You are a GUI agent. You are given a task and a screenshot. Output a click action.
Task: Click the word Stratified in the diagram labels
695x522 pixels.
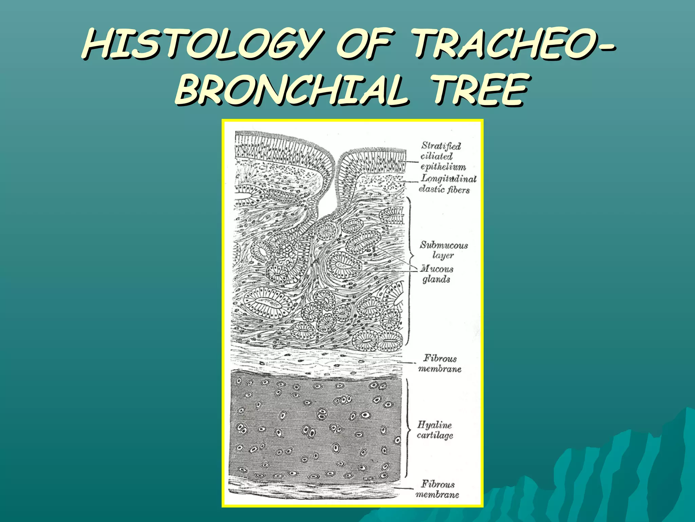click(441, 146)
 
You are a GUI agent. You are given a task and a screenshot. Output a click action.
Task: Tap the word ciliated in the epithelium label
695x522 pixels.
click(436, 156)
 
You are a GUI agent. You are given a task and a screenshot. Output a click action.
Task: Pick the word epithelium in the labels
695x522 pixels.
click(443, 167)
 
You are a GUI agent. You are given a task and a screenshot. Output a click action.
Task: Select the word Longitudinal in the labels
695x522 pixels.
click(449, 178)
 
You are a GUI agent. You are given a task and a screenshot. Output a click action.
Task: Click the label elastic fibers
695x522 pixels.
click(444, 189)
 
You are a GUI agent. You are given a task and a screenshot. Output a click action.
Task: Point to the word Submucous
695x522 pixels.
click(444, 245)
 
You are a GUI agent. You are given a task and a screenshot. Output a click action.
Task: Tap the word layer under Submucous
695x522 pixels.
click(443, 255)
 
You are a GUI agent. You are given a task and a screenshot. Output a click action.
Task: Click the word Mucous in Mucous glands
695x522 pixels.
click(437, 269)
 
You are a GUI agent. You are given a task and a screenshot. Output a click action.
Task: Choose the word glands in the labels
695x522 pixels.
click(436, 279)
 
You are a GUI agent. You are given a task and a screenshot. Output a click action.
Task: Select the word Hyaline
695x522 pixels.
click(434, 425)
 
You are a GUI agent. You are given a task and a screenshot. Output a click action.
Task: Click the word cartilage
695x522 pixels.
click(435, 435)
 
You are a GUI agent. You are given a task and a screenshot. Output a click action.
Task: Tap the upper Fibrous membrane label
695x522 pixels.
click(440, 363)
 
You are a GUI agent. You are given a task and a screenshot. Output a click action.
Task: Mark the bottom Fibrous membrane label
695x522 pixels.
click(437, 489)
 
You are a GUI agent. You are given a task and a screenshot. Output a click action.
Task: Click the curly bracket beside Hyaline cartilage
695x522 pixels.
click(407, 428)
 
